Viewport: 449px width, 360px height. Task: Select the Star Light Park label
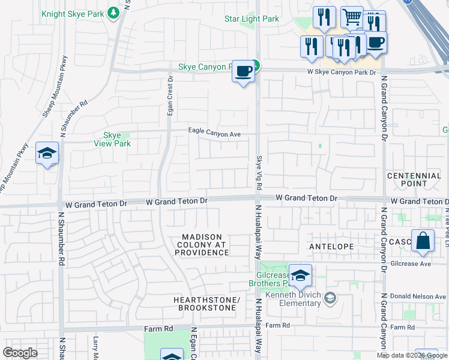[252, 19]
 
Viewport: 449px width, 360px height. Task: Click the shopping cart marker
[352, 16]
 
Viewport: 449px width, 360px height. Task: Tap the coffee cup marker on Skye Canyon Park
[243, 71]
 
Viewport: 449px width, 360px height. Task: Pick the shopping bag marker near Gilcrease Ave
[423, 241]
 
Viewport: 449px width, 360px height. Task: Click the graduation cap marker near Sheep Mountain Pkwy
[47, 154]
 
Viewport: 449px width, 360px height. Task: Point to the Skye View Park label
[112, 139]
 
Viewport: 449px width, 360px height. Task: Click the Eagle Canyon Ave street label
[214, 133]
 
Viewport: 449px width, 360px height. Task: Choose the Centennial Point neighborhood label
[414, 179]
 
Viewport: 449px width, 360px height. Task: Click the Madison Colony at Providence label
[202, 245]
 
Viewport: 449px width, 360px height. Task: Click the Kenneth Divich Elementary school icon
[330, 296]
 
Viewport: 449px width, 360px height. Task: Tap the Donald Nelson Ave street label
[418, 296]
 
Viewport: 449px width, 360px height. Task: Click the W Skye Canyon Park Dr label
[341, 72]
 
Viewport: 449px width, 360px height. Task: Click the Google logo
[20, 352]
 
